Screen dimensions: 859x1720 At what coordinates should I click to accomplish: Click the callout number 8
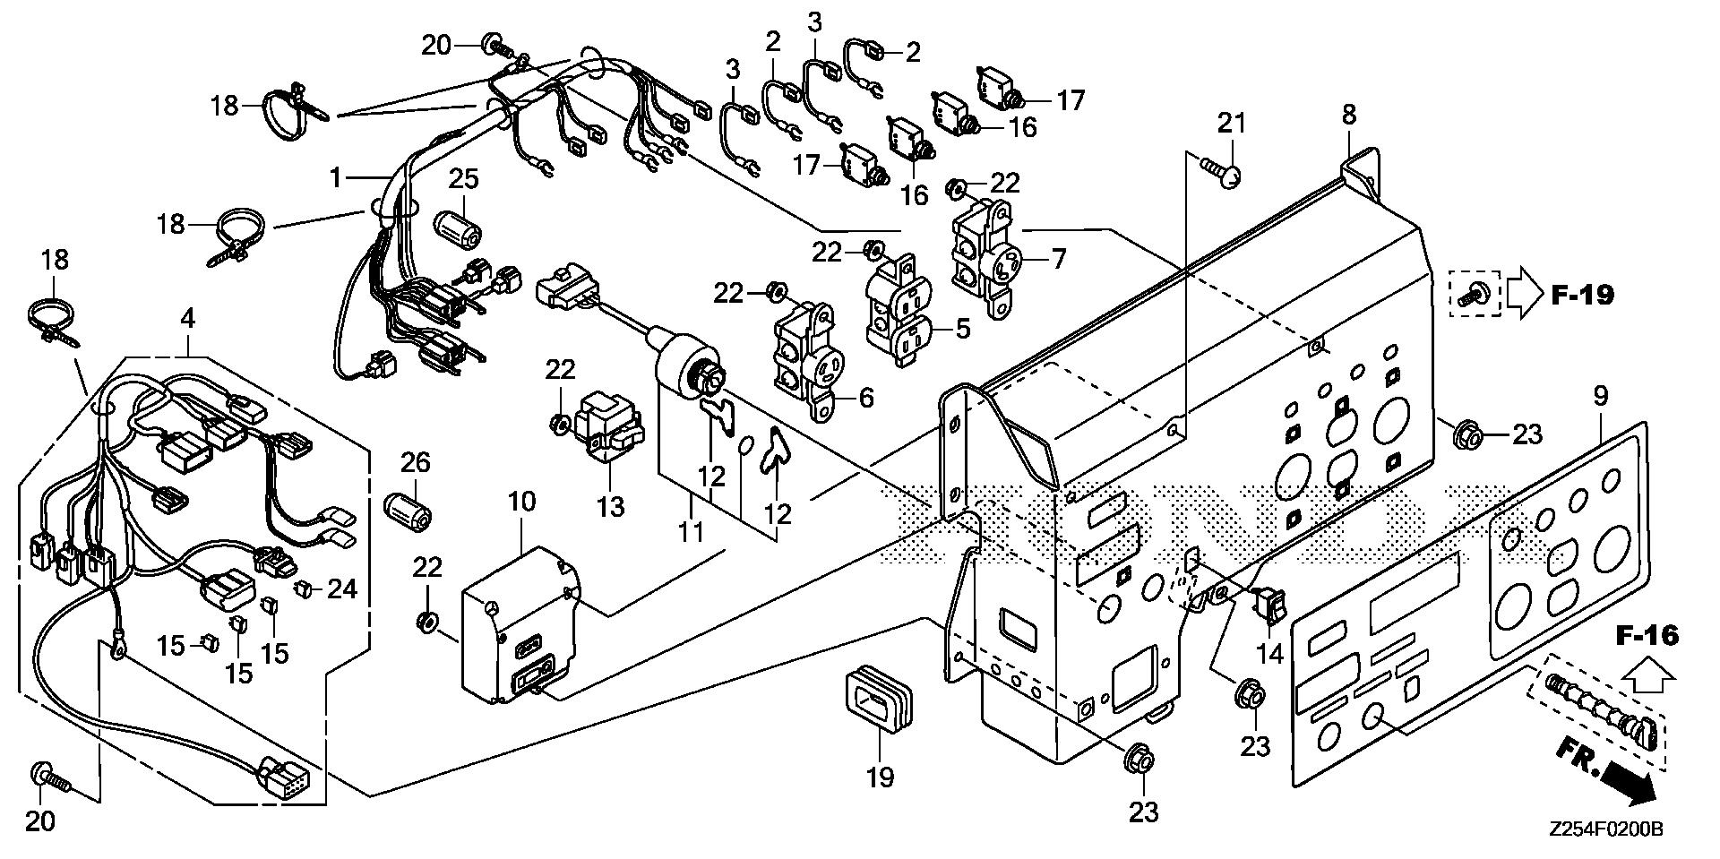(x=1349, y=115)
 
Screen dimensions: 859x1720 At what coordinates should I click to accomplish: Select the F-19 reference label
(x=1582, y=295)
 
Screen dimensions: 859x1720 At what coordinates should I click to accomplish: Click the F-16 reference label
(x=1647, y=636)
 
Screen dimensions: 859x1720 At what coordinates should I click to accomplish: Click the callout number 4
(x=187, y=317)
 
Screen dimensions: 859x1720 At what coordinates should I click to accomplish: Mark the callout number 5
(x=962, y=329)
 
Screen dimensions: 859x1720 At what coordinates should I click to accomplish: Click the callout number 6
(x=865, y=397)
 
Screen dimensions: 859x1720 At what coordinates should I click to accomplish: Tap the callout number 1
(x=336, y=177)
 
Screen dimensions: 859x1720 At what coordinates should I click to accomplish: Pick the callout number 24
(x=342, y=588)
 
